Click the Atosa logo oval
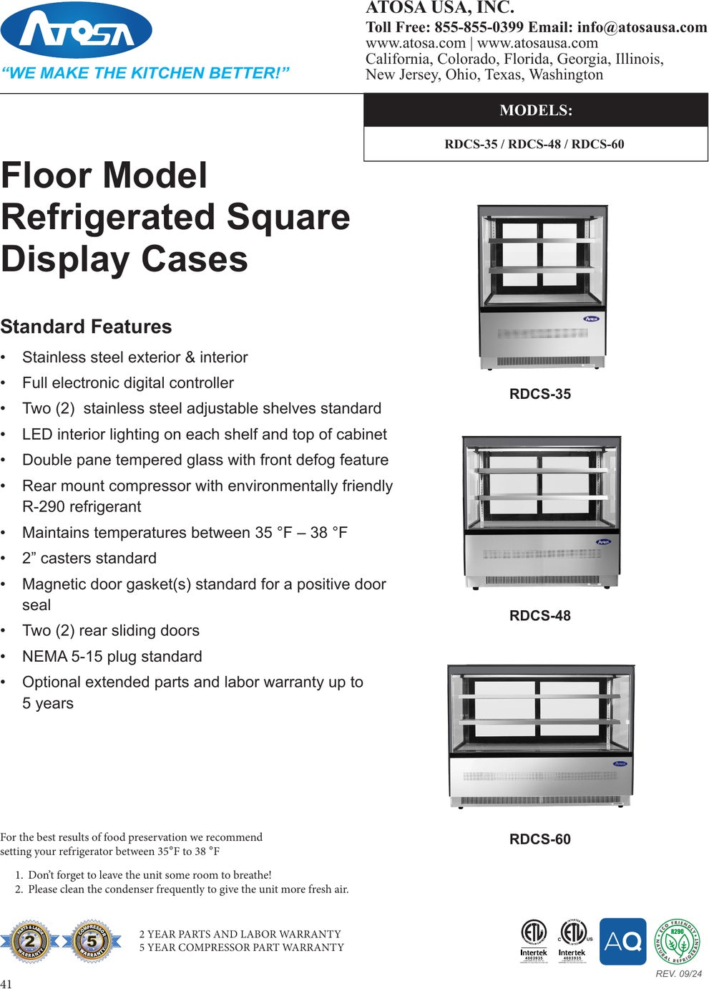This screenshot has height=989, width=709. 77,30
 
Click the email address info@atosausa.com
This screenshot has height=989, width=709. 642,27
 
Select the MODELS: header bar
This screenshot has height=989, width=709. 535,110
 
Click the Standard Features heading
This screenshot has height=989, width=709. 86,327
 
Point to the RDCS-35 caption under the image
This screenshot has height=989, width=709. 539,394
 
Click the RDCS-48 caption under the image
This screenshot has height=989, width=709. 539,616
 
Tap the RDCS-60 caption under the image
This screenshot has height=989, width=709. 539,839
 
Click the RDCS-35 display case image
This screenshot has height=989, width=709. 542,286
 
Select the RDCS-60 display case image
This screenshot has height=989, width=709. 541,735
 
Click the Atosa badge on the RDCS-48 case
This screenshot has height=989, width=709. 603,542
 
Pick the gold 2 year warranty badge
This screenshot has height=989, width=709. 30,940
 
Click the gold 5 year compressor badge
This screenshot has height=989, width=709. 91,940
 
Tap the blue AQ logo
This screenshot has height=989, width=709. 622,941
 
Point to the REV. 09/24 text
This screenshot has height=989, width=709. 678,973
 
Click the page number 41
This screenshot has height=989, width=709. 6,983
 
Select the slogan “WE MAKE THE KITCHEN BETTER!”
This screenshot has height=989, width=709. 145,73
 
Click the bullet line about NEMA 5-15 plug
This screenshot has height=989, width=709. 112,657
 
